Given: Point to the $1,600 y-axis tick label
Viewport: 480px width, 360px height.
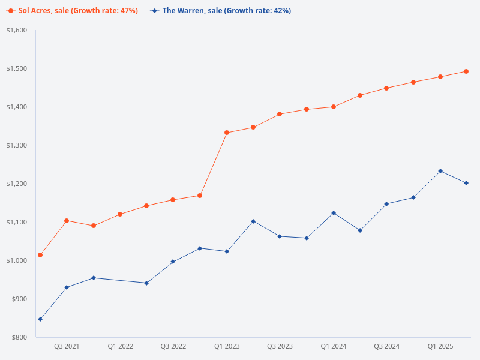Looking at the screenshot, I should point(16,30).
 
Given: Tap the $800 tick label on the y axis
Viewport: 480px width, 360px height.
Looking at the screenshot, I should point(19,337).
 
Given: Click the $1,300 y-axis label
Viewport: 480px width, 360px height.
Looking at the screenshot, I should point(16,145).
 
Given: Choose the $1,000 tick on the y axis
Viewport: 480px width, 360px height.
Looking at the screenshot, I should point(16,260).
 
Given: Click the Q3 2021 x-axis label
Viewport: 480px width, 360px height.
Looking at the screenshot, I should point(67,346).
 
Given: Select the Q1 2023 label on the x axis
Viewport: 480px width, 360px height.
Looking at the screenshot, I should point(227,346).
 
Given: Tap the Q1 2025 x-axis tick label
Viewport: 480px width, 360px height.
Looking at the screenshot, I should point(440,346).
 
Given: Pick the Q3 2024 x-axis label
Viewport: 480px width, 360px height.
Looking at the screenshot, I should point(387,346).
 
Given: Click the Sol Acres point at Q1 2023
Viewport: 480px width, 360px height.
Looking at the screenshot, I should point(227,133).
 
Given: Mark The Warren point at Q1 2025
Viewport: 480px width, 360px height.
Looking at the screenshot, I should point(440,171).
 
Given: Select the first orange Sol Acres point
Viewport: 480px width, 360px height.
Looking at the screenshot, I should point(40,255).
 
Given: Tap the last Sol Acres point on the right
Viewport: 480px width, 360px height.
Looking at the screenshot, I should point(467,71).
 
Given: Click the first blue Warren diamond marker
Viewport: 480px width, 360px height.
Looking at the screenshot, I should point(40,319).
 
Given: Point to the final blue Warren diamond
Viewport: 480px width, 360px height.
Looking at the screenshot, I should point(467,183).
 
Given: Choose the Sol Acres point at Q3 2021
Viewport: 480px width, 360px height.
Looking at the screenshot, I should point(67,221).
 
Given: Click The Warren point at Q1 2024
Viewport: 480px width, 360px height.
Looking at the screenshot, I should point(334,213).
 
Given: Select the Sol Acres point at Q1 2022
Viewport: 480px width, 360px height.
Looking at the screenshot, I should point(120,214).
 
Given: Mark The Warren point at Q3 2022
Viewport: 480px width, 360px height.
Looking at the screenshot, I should point(173,262).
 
